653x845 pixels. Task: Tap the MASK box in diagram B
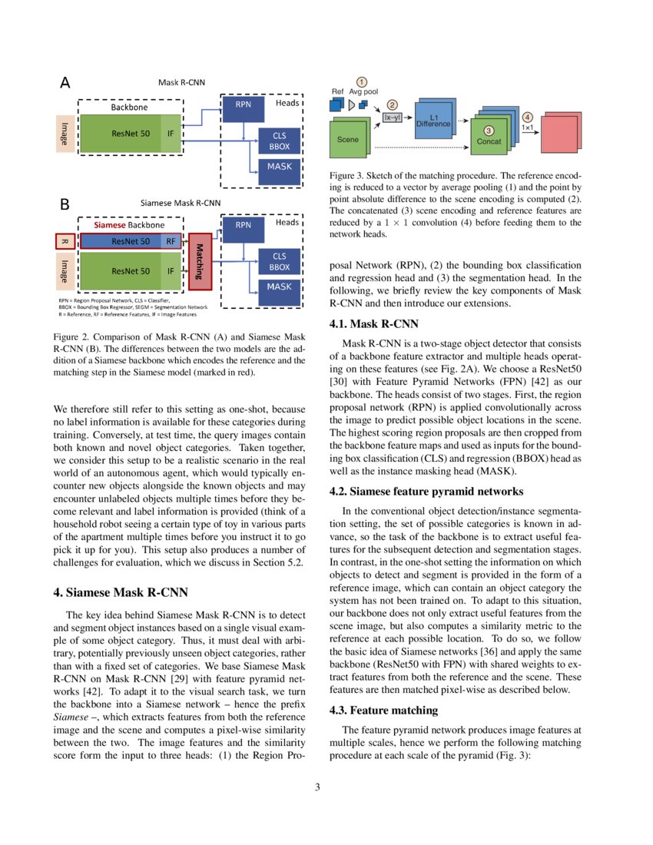(x=279, y=287)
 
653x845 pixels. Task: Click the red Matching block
(x=199, y=262)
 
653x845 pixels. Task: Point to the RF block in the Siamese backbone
(x=171, y=241)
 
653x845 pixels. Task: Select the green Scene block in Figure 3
(x=348, y=141)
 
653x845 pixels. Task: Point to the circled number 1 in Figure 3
(x=362, y=81)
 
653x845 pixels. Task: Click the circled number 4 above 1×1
(x=526, y=116)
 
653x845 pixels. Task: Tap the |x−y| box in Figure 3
(x=393, y=117)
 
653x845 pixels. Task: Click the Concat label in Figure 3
(x=489, y=141)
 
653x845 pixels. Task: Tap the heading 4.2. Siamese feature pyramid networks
(x=426, y=491)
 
